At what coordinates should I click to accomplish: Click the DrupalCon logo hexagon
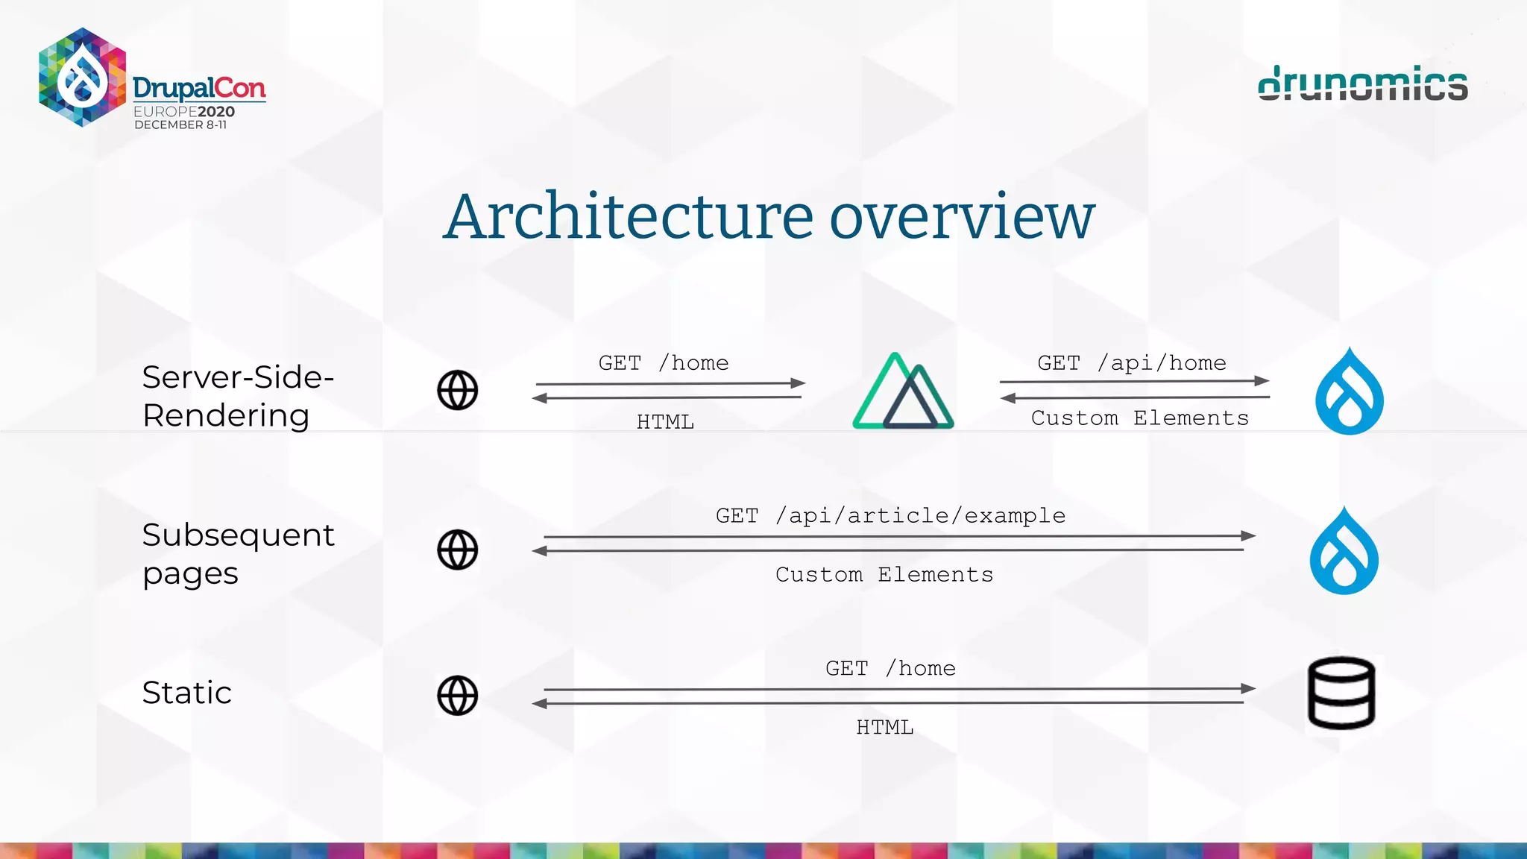[x=82, y=77]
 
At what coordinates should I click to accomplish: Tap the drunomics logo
[x=1362, y=84]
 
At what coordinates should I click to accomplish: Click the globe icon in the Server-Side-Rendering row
[x=457, y=390]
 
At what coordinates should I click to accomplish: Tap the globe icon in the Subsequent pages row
[x=457, y=550]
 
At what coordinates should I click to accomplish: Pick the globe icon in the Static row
[x=457, y=695]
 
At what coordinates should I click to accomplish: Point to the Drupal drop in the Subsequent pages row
[x=1344, y=551]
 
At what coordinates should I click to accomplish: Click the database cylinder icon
[x=1341, y=693]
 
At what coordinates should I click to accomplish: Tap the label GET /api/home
[x=1131, y=363]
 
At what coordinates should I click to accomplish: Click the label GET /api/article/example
[x=890, y=515]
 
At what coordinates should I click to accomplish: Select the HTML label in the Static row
[x=884, y=727]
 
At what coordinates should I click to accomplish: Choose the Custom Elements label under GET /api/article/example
[x=884, y=575]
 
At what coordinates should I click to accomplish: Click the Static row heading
[x=186, y=693]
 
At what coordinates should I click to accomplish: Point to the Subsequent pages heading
[x=238, y=554]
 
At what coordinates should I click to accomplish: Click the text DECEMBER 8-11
[x=180, y=125]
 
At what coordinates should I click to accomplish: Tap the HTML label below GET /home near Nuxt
[x=665, y=422]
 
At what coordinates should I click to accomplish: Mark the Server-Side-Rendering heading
[x=238, y=396]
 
